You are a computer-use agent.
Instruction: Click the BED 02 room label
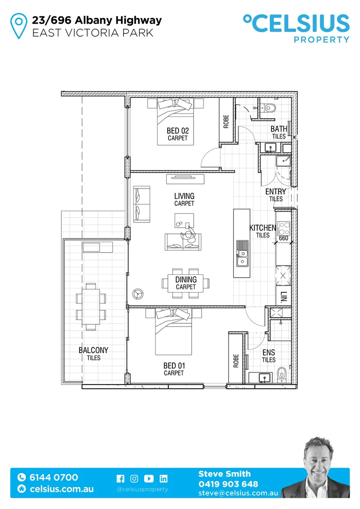pos(178,131)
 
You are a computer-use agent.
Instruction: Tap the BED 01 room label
pos(173,366)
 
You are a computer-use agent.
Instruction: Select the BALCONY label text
pos(93,350)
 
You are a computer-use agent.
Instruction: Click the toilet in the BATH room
pos(269,108)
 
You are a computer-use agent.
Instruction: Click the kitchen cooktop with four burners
pos(284,229)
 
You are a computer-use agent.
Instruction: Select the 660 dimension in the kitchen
pos(283,238)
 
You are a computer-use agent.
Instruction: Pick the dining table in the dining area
pos(186,283)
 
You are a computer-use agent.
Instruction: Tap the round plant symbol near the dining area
pos(138,293)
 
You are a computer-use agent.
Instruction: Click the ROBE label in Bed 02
pos(226,122)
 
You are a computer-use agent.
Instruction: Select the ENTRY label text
pos(276,192)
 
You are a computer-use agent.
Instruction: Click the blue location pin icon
pos(19,26)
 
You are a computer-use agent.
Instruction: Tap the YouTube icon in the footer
pos(149,478)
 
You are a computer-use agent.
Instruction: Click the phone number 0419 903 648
pos(228,484)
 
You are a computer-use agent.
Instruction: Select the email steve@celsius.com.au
pos(238,493)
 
